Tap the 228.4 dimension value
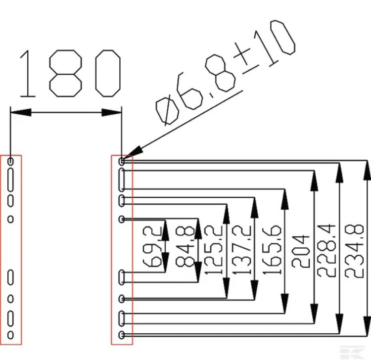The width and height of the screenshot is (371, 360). pyautogui.click(x=328, y=251)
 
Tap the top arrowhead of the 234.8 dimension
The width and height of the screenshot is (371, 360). pyautogui.click(x=366, y=168)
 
